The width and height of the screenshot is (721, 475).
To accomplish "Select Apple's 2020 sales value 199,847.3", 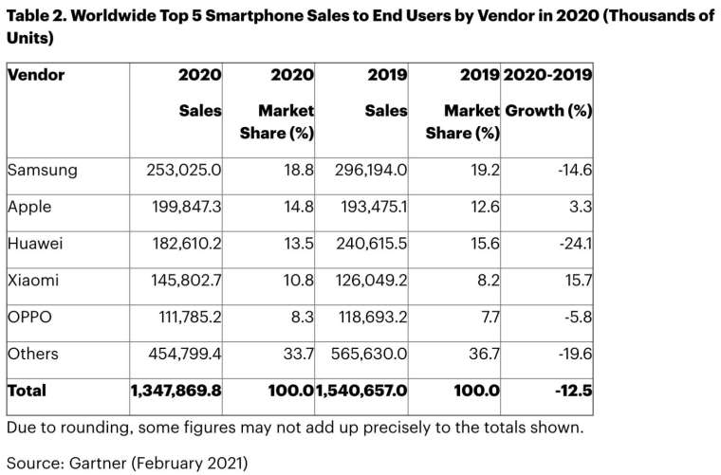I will pos(177,207).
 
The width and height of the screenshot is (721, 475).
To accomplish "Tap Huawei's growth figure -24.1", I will pos(576,243).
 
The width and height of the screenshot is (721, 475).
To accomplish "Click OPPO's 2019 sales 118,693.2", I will pos(366,317).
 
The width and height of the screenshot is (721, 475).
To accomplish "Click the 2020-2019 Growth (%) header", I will pos(548,93).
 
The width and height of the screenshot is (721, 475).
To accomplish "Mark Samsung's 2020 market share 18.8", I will pos(299,171).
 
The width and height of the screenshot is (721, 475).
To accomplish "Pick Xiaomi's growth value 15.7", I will pos(578,280).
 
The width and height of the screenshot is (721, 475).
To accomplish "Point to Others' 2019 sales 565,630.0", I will pos(366,353).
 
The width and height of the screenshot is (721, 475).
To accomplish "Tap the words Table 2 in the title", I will pos(36,17).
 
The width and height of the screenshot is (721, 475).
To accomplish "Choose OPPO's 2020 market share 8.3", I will pos(303,317).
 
